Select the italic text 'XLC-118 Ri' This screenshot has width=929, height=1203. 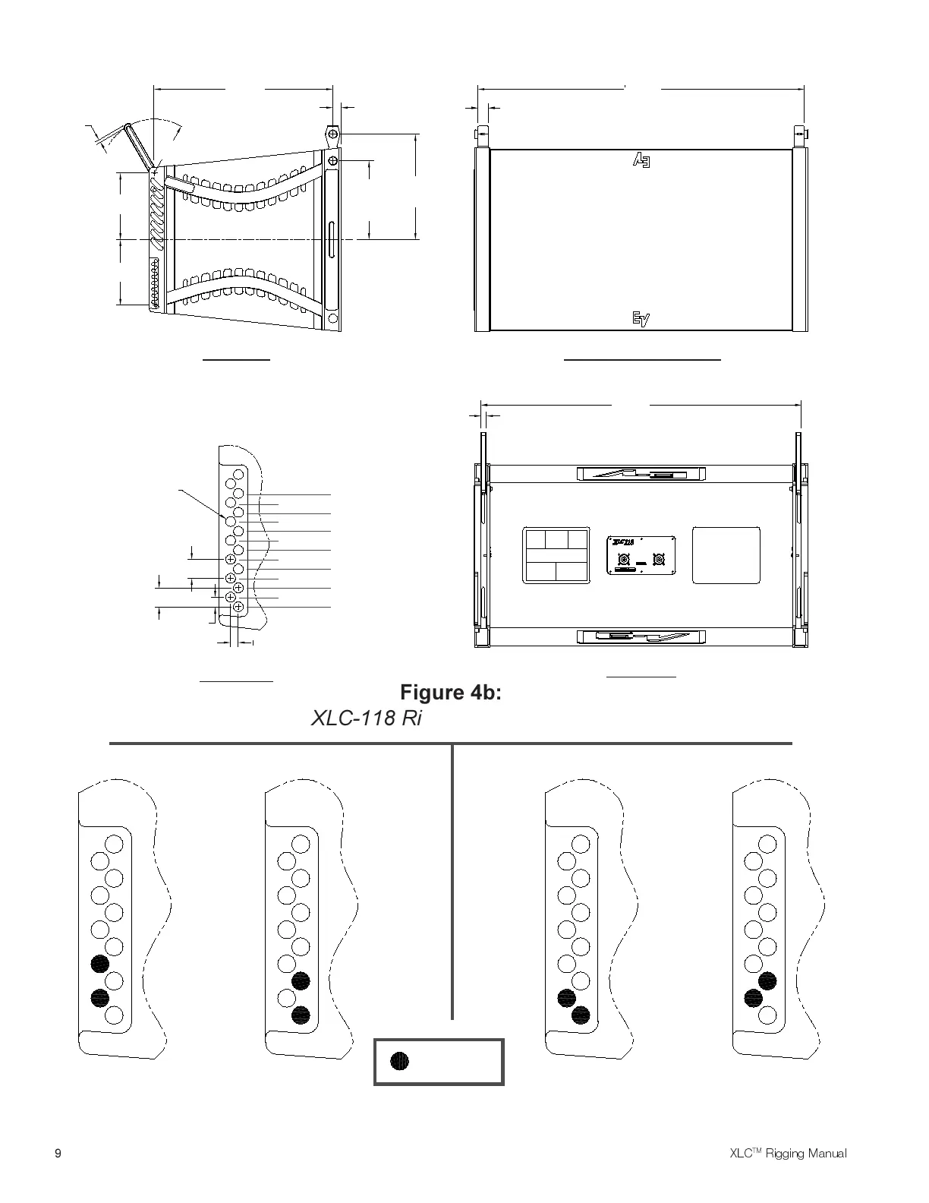[366, 718]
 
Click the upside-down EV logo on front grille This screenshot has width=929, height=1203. [641, 160]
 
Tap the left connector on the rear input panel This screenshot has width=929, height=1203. [625, 560]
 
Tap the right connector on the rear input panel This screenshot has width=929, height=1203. [658, 560]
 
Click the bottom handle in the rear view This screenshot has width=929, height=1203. [641, 636]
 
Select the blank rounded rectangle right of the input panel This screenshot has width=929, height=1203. [726, 556]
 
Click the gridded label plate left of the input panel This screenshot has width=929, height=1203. [556, 556]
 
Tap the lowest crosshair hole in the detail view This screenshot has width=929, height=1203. [238, 607]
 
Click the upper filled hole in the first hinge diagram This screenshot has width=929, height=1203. [99, 964]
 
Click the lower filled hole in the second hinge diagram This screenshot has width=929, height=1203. [301, 1014]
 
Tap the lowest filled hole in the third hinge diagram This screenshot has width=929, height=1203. [581, 1013]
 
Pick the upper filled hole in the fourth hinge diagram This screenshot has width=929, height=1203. [767, 980]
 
